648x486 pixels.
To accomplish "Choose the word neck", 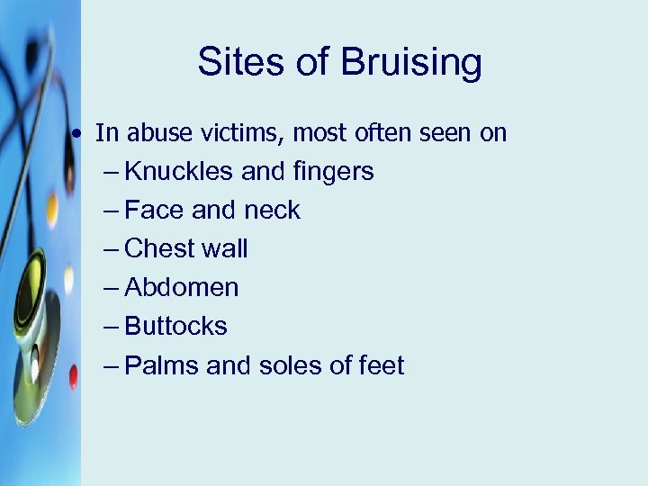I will [x=271, y=211].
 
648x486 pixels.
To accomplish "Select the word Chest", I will [x=161, y=249].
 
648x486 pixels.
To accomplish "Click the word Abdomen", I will [x=182, y=288].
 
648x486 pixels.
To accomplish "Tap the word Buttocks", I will [x=175, y=327].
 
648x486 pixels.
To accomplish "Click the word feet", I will [x=382, y=365].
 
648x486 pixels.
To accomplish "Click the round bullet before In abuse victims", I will [x=81, y=134].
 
